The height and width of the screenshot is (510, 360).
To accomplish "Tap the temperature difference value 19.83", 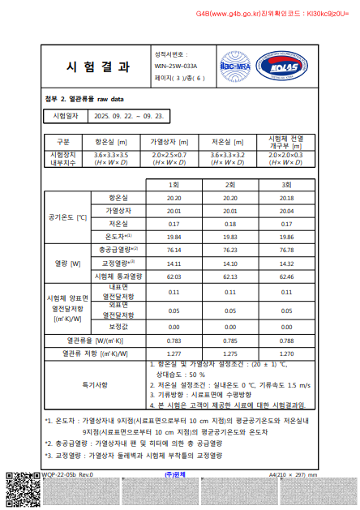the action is (229, 237).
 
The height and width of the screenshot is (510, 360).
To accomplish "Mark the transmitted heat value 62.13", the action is (229, 276).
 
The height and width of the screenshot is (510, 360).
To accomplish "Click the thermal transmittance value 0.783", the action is (174, 341).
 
